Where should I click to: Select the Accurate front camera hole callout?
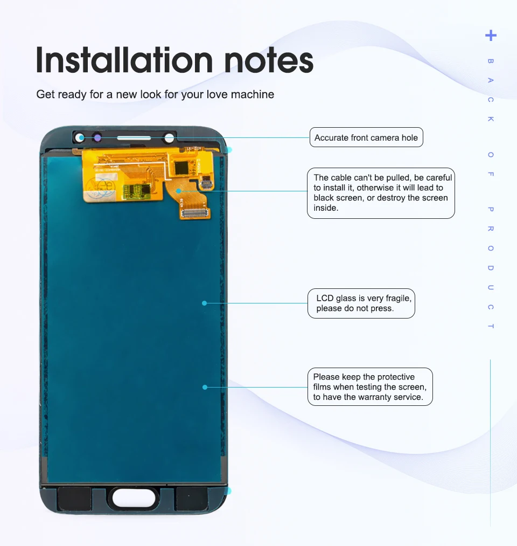pyautogui.click(x=366, y=137)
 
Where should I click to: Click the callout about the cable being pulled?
pyautogui.click(x=381, y=193)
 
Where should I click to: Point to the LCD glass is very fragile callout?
pyautogui.click(x=361, y=303)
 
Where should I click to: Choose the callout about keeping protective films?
pyautogui.click(x=369, y=387)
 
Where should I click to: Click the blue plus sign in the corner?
pyautogui.click(x=491, y=36)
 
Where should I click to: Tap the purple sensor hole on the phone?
pyautogui.click(x=97, y=138)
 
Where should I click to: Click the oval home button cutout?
pyautogui.click(x=134, y=499)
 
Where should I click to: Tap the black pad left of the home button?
pyautogui.click(x=74, y=499)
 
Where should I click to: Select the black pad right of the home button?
pyautogui.click(x=192, y=499)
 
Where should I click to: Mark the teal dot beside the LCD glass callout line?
pyautogui.click(x=204, y=303)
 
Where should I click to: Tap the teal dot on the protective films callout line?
pyautogui.click(x=205, y=387)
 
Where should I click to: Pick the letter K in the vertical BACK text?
pyautogui.click(x=491, y=119)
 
